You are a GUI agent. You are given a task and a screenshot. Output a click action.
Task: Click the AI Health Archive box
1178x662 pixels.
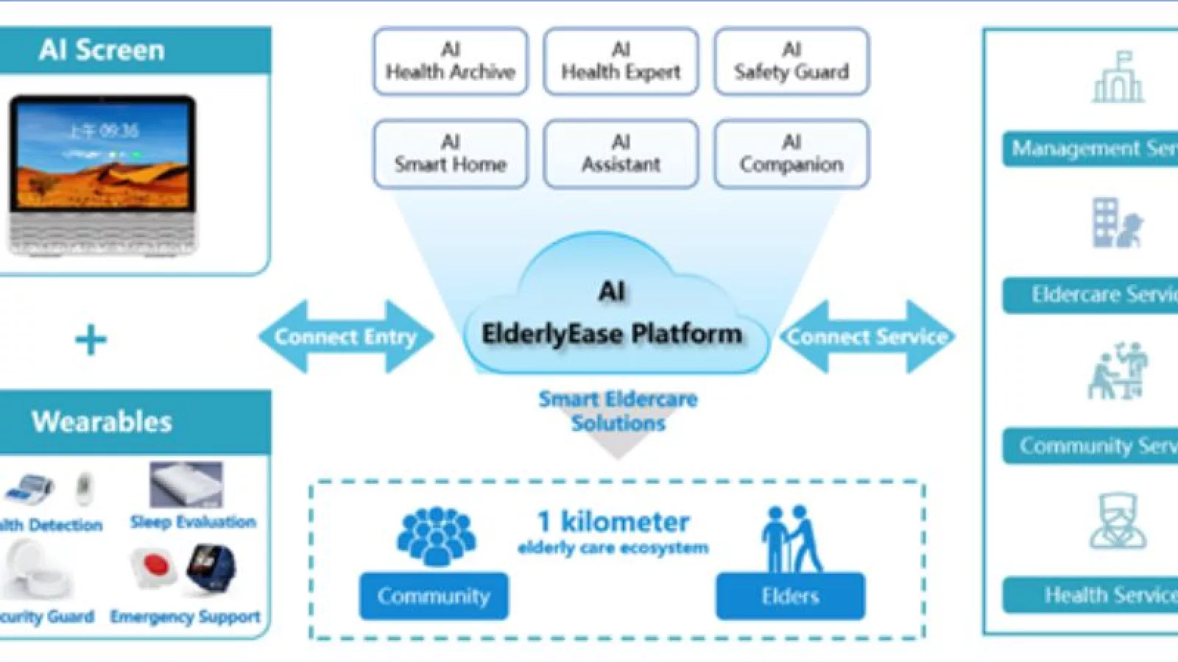(450, 62)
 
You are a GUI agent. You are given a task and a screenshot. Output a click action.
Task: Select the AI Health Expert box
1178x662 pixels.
(621, 62)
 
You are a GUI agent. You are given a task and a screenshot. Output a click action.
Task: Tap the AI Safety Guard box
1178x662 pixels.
(791, 62)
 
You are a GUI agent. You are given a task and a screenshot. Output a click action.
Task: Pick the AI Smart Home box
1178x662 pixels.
(450, 154)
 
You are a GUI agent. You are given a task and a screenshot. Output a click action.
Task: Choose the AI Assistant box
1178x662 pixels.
(621, 154)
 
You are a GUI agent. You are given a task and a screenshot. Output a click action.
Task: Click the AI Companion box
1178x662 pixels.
(791, 154)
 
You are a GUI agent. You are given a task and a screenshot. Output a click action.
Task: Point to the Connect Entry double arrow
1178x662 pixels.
(345, 337)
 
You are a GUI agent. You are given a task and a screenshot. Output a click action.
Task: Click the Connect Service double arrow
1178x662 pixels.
(867, 337)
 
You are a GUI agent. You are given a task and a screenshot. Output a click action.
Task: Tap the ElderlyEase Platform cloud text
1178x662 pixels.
(612, 334)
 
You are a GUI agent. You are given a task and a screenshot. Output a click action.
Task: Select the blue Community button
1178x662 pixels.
(434, 596)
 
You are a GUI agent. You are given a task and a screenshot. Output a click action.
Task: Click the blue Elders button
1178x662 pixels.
(790, 596)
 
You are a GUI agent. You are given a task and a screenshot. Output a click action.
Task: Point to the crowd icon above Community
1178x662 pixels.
(436, 536)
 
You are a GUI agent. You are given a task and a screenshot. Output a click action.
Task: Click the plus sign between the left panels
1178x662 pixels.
(91, 340)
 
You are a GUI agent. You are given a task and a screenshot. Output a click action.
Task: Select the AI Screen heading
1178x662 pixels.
(102, 50)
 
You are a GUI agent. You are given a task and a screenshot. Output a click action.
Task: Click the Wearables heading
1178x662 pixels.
(102, 421)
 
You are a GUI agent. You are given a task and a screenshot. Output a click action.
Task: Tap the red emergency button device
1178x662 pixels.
(153, 566)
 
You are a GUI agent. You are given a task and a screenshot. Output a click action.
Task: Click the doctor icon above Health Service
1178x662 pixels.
(1118, 522)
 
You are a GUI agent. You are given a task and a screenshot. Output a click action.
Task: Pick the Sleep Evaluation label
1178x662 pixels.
(193, 522)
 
